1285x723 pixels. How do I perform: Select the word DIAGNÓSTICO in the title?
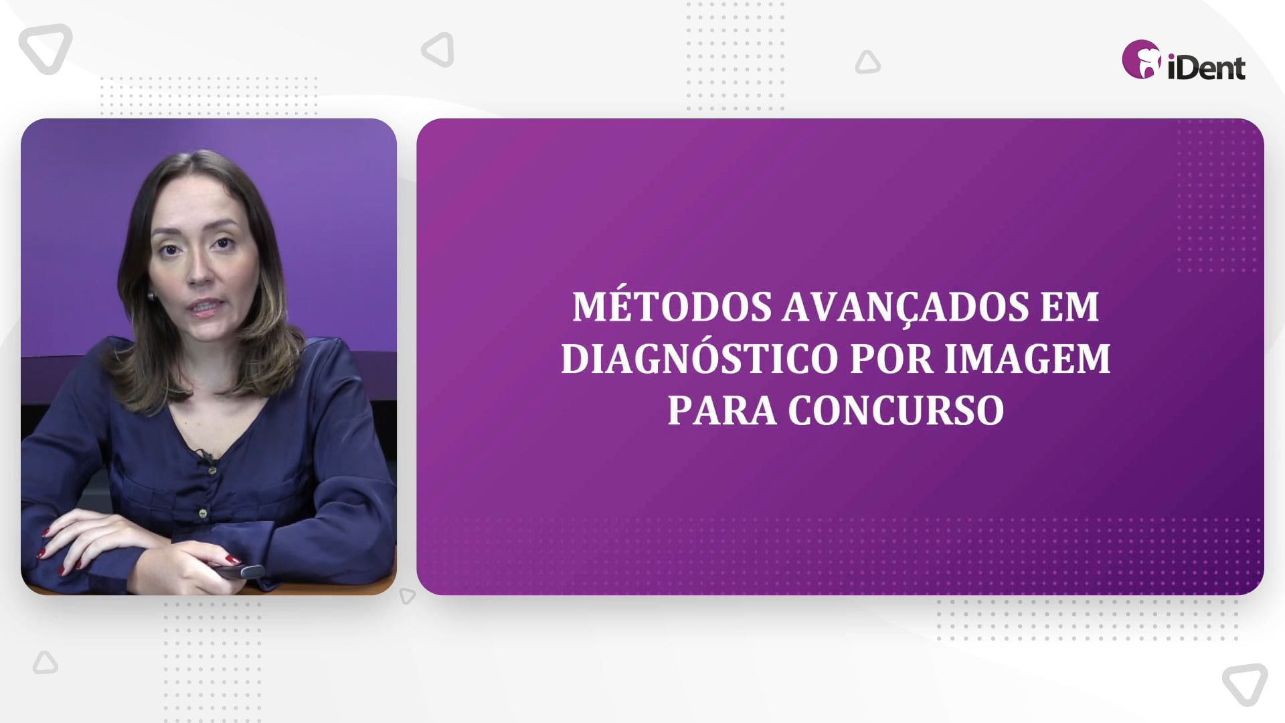[699, 358]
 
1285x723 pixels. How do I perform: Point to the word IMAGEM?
[1027, 358]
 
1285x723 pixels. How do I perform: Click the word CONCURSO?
[896, 410]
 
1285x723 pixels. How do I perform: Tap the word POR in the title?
[891, 358]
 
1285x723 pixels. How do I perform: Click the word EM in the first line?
[1069, 307]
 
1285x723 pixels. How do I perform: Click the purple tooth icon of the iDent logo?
[1141, 60]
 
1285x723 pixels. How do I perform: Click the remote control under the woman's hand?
[238, 571]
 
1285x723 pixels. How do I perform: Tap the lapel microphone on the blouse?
[205, 457]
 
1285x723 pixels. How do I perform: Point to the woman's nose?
[199, 270]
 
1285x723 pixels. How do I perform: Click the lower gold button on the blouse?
[203, 513]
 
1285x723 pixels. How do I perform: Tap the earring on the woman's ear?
[151, 295]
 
